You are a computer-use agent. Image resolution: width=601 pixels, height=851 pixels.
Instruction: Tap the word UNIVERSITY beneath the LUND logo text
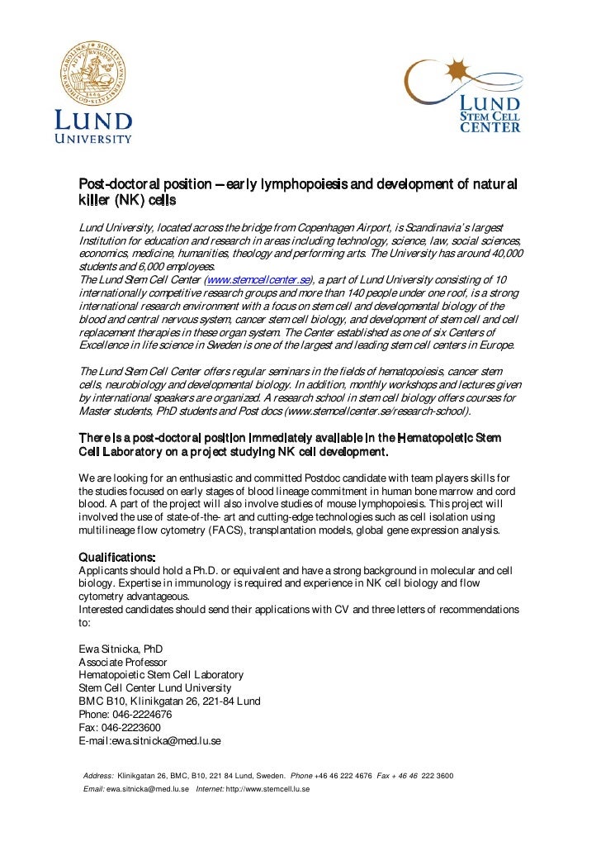coord(93,139)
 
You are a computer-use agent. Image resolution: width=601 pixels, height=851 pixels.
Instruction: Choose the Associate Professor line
coord(122,663)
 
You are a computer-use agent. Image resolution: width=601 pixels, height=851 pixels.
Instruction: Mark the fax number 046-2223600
coord(131,728)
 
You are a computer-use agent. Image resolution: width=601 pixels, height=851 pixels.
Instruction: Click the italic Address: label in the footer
coord(98,776)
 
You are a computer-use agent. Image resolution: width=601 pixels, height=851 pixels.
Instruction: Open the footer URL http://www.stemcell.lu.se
coord(267,790)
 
